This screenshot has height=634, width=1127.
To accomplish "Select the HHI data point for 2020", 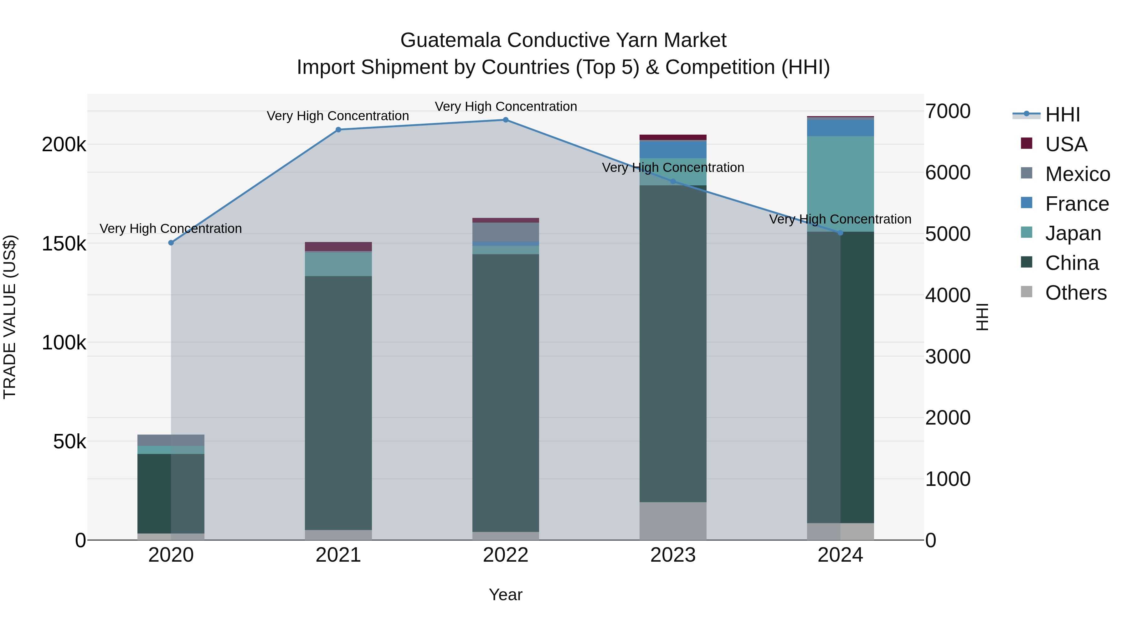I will pos(171,243).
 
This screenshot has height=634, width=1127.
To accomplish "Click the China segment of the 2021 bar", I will pos(338,403).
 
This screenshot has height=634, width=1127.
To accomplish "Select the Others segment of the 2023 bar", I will pos(673,521).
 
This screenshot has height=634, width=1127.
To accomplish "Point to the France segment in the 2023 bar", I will pos(673,150).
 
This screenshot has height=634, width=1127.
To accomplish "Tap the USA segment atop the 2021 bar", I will pos(338,246).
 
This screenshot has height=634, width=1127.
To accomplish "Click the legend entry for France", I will pos(1076,204).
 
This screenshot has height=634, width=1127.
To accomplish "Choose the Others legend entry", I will pos(1075,293).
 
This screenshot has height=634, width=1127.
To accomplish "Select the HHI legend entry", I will pos(1062,115).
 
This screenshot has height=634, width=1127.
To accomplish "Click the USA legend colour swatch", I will pos(1027,143).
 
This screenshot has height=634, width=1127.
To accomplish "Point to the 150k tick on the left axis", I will pos(64,244).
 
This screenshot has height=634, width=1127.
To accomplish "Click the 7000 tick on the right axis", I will pos(948,111).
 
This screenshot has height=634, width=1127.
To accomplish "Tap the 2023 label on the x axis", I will pos(673,555).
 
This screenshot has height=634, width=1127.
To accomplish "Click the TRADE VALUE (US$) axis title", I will pos(10,317).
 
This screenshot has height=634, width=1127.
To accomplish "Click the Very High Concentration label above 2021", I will pos(338,116).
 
